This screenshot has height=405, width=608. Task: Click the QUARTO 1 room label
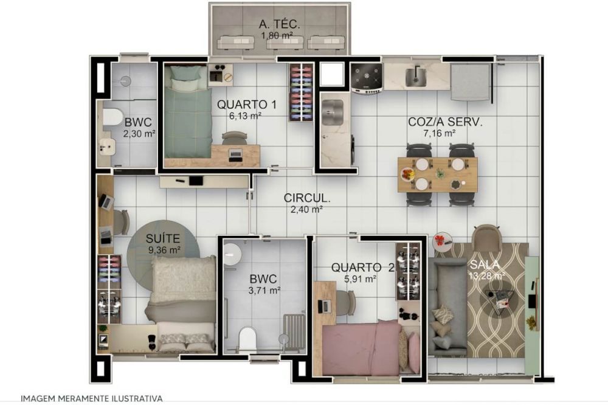pos(247,105)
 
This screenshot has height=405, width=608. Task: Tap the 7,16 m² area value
pos(440,133)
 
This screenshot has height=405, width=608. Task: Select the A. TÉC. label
pos(279,24)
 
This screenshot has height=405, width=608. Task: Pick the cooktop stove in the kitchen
pos(367,78)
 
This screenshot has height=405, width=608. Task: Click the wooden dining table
pos(438,175)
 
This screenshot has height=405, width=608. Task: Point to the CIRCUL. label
pos(307,198)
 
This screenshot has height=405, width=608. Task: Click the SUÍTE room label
pos(163,238)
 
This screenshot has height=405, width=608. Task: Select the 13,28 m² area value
pos(487,276)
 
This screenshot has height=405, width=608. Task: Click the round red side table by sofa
pos(442,241)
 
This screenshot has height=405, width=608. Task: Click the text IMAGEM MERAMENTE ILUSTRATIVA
pos(92,398)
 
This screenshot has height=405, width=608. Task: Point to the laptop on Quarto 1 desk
pos(235,155)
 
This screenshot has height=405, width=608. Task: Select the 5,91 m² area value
pos(360,279)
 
